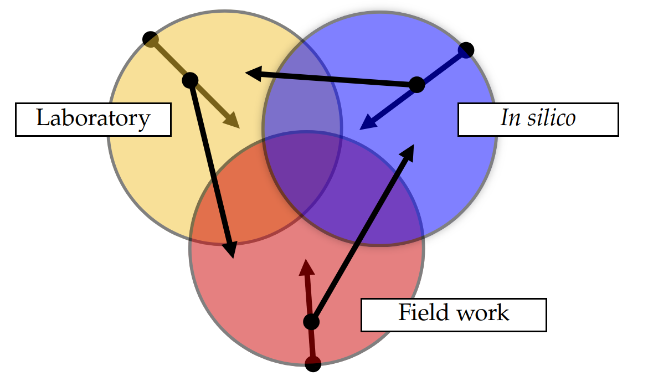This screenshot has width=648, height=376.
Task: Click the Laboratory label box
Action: pos(92,119)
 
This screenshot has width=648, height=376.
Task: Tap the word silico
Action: pos(551,118)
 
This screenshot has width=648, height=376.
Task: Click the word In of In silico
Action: pos(510,118)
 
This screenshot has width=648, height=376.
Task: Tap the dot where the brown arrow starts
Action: pos(150,39)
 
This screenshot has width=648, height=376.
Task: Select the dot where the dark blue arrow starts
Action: pos(467,50)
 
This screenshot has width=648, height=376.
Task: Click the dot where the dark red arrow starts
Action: pos(313,364)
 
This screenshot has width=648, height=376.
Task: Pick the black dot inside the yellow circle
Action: pos(190,80)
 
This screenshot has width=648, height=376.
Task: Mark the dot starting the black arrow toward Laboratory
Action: pos(416,85)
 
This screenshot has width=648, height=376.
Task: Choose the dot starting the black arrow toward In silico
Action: pos(311,321)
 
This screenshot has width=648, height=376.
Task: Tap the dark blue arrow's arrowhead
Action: pos(366,125)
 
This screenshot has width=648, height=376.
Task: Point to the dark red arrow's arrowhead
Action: pos(306,266)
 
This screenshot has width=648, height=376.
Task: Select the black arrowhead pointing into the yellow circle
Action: pos(253,73)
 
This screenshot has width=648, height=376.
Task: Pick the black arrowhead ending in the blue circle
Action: pos(409,152)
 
